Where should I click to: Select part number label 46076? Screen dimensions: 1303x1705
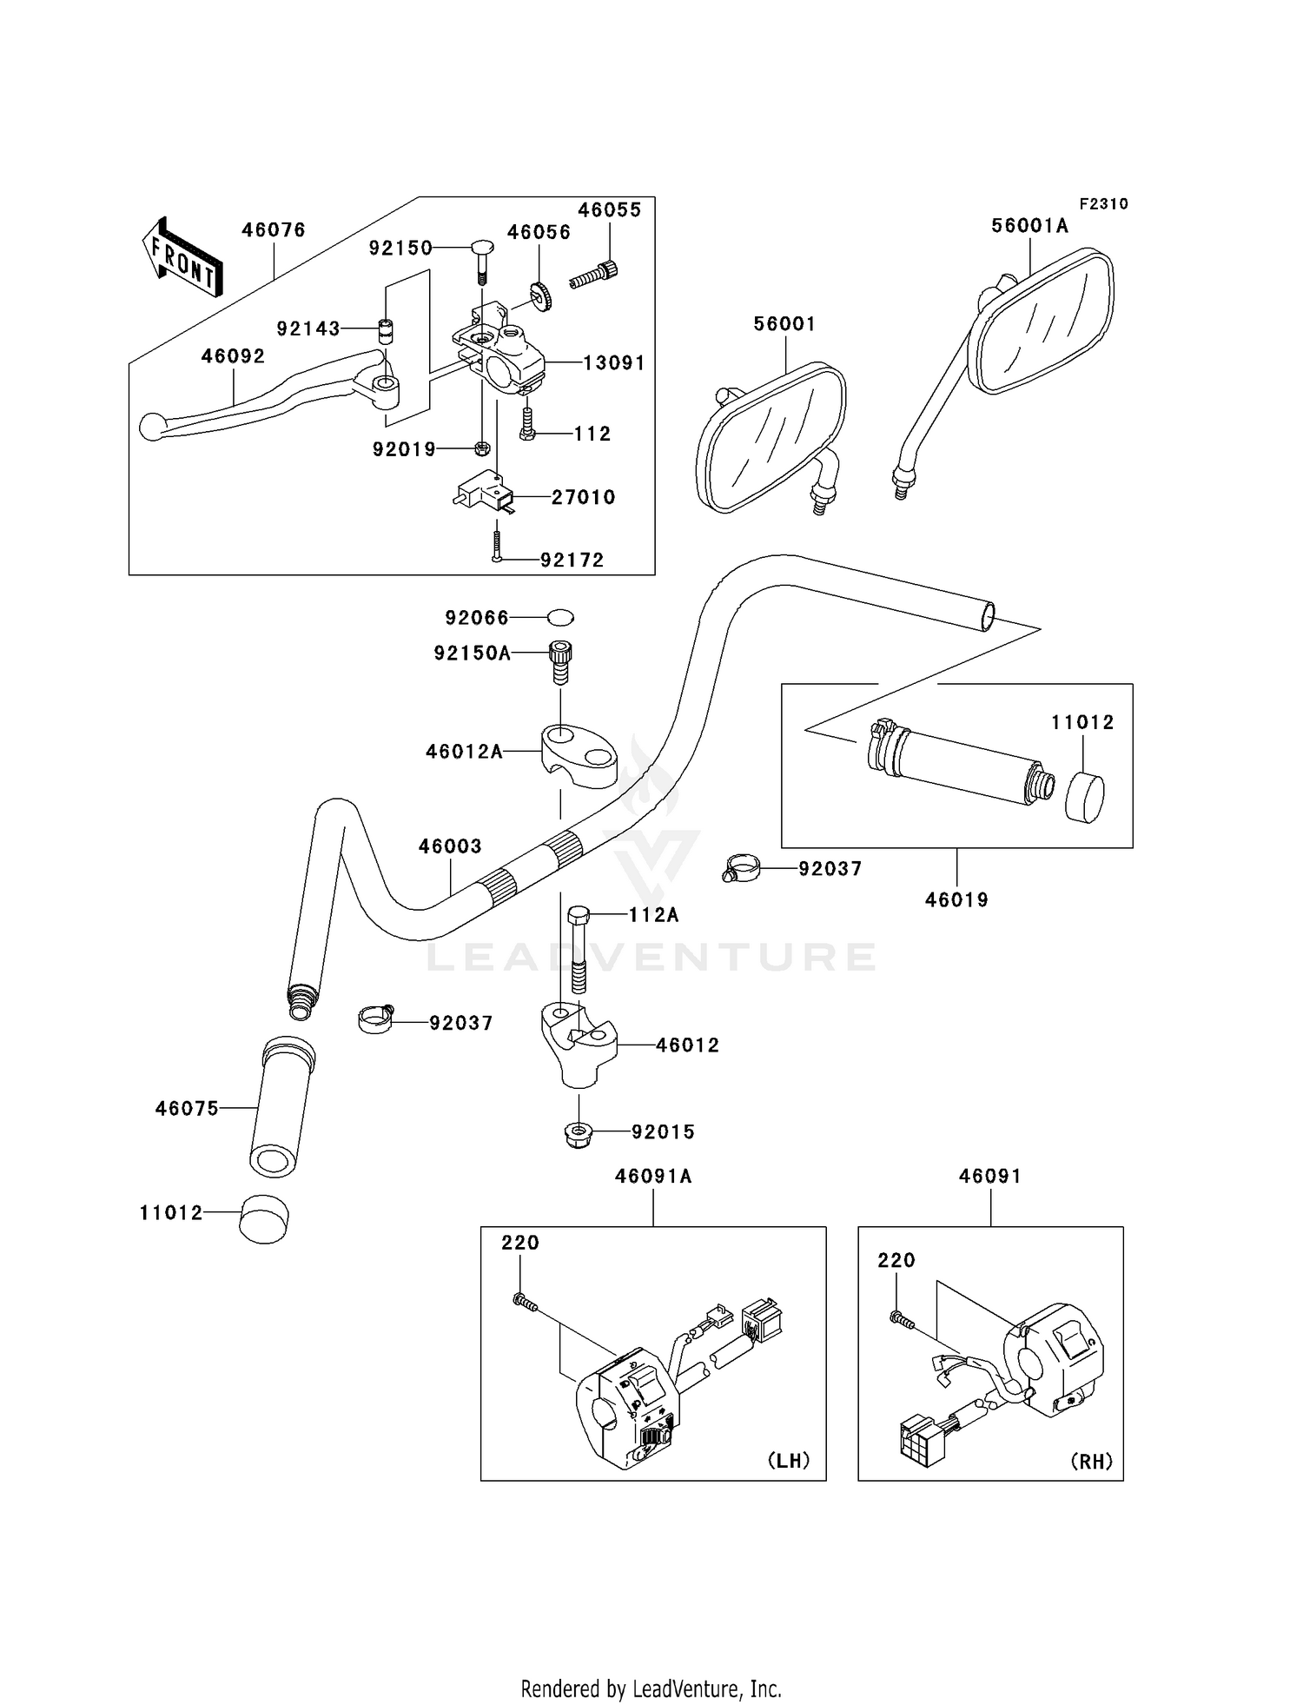point(274,230)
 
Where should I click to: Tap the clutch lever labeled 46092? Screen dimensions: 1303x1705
point(269,395)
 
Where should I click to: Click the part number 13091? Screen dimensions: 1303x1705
point(614,362)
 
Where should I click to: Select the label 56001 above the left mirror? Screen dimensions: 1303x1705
point(784,324)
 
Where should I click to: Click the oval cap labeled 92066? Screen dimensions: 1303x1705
point(560,617)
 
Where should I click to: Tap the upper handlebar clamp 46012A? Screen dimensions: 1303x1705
point(580,754)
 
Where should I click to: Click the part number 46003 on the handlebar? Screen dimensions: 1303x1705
point(450,846)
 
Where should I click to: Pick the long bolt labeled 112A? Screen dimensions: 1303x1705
point(579,950)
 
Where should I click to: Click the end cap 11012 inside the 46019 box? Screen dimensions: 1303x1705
point(1085,798)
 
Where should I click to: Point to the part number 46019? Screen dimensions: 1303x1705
point(956,900)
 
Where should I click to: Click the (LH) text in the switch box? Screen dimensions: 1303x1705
point(789,1460)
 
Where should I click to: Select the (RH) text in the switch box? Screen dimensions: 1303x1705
point(1092,1461)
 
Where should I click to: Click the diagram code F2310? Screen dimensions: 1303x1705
point(1104,204)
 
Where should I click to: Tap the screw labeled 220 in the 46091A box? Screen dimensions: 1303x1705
point(524,1301)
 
